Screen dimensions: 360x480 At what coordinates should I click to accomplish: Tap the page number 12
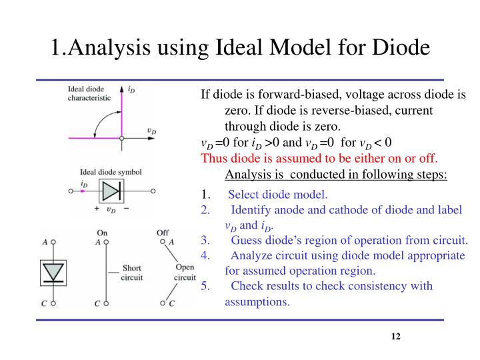(x=395, y=337)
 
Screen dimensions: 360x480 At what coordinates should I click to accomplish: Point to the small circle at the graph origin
(x=121, y=139)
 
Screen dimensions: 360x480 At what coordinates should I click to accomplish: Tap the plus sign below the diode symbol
(x=97, y=208)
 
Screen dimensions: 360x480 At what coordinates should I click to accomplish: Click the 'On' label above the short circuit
(x=102, y=233)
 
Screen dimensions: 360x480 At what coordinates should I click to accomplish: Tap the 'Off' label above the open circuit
(x=162, y=233)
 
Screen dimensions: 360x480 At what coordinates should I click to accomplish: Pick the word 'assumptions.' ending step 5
(x=257, y=301)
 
